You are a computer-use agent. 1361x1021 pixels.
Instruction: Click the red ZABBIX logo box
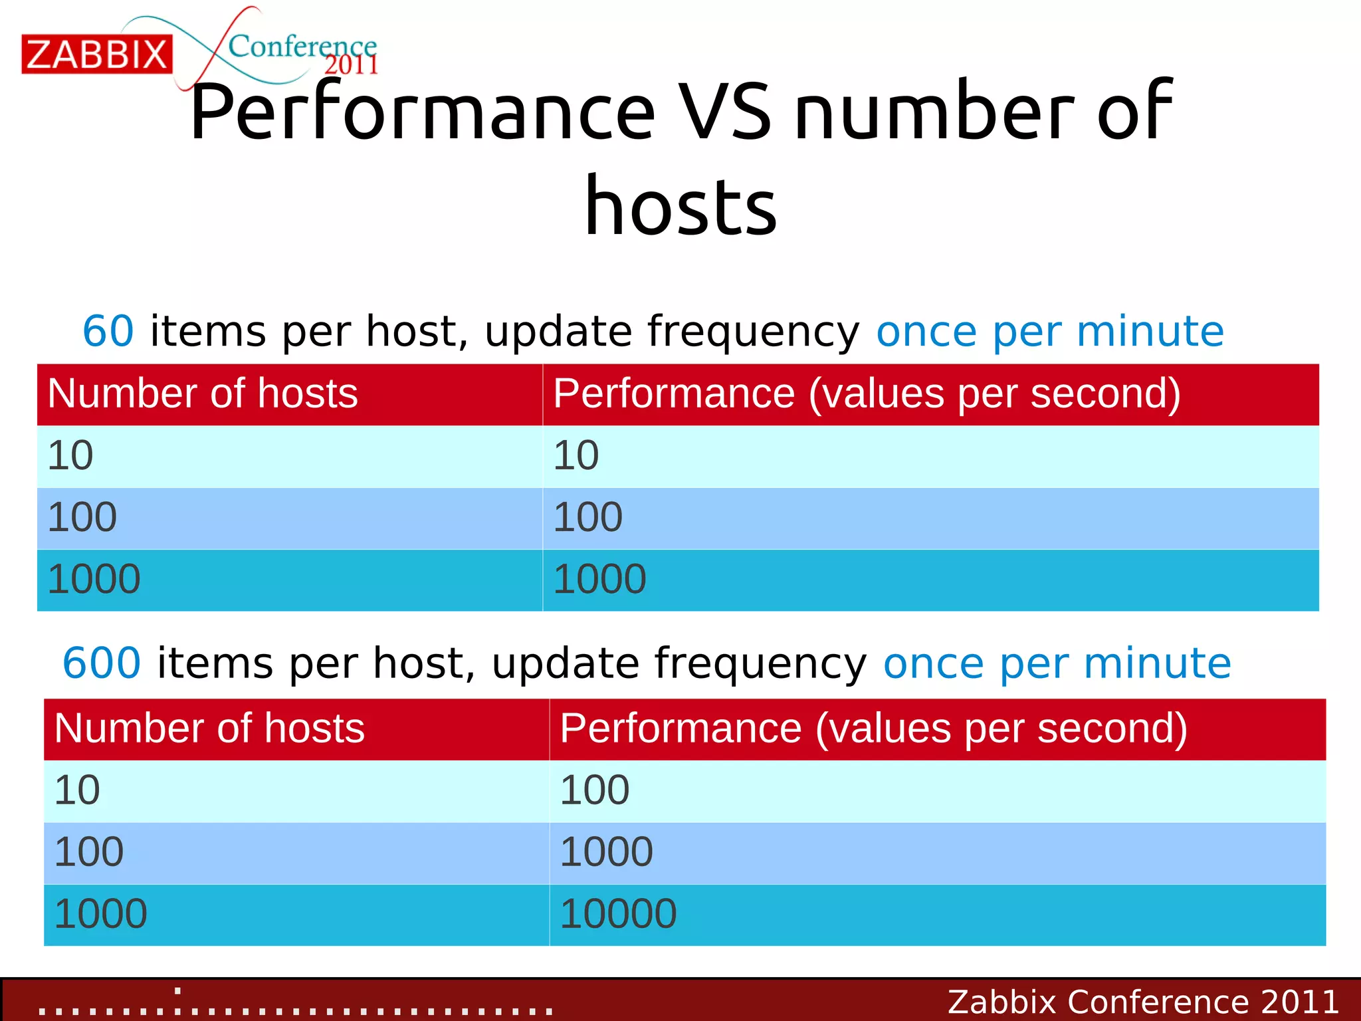click(x=97, y=55)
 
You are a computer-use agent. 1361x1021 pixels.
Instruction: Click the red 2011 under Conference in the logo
click(x=350, y=65)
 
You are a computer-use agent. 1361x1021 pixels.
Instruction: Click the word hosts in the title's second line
click(x=680, y=207)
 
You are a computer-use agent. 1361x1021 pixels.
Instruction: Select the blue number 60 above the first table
click(x=108, y=331)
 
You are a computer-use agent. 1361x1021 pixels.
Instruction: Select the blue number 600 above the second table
click(x=102, y=663)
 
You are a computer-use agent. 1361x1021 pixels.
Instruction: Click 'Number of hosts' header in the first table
click(x=203, y=394)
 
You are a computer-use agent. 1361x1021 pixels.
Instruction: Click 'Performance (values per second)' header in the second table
click(x=873, y=729)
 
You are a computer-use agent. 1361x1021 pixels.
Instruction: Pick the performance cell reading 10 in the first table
click(x=576, y=456)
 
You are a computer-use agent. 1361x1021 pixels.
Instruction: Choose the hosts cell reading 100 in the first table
click(x=82, y=518)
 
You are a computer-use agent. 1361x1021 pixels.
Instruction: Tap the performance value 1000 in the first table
click(x=599, y=579)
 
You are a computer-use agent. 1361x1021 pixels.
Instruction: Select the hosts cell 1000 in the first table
click(x=94, y=579)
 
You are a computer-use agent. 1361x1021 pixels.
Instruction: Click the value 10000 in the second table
click(x=618, y=914)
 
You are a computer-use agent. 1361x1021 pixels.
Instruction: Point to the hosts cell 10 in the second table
click(x=77, y=790)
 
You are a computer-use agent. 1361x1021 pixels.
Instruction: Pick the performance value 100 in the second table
click(x=594, y=790)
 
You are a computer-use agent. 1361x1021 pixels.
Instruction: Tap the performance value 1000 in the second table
click(x=606, y=852)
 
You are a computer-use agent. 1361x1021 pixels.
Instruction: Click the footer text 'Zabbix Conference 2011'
click(x=1142, y=1002)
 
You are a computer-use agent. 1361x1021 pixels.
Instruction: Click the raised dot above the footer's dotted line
click(x=177, y=991)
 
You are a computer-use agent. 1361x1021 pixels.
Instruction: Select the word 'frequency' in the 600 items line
click(x=760, y=663)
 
